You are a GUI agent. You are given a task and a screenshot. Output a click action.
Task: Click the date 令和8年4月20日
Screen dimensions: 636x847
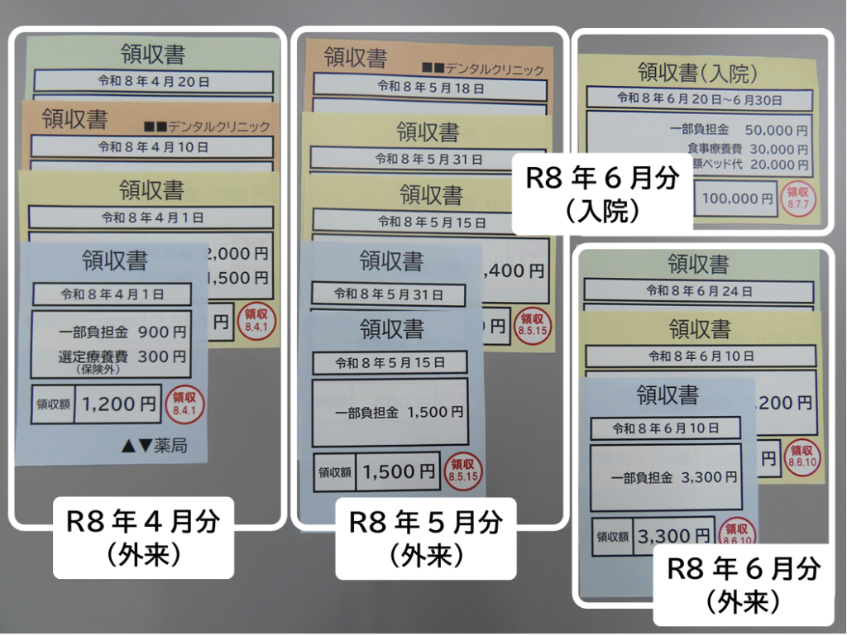coord(154,82)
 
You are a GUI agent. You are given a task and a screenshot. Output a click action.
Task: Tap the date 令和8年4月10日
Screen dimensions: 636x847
coord(154,146)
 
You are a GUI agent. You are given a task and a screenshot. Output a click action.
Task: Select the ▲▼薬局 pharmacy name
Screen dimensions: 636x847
coord(154,446)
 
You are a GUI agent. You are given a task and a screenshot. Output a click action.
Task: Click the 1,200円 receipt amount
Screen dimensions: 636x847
coord(119,404)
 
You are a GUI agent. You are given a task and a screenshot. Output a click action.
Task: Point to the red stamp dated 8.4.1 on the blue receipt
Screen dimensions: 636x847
coord(184,404)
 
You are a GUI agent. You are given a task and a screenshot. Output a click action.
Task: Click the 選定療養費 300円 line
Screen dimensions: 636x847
coord(122,357)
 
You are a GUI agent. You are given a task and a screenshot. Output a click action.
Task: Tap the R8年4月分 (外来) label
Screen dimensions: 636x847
coord(144,538)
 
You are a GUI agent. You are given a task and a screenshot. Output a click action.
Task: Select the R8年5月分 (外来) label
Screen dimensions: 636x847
coord(425,538)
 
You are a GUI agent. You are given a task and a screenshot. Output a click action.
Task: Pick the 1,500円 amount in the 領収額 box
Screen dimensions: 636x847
coord(399,472)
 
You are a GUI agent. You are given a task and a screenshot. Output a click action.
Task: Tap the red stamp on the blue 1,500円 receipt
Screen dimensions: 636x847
coord(463,471)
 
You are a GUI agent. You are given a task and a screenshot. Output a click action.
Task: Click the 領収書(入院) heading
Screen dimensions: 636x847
coord(698,73)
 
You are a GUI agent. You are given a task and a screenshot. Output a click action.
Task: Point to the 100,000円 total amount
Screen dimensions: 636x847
coord(738,198)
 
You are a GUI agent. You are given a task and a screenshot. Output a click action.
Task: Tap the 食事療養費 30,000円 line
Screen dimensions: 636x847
coord(747,149)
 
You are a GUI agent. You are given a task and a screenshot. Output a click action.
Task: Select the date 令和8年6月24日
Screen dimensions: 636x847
coord(700,291)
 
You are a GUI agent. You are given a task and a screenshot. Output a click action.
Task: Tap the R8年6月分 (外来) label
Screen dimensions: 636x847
coord(743,584)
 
